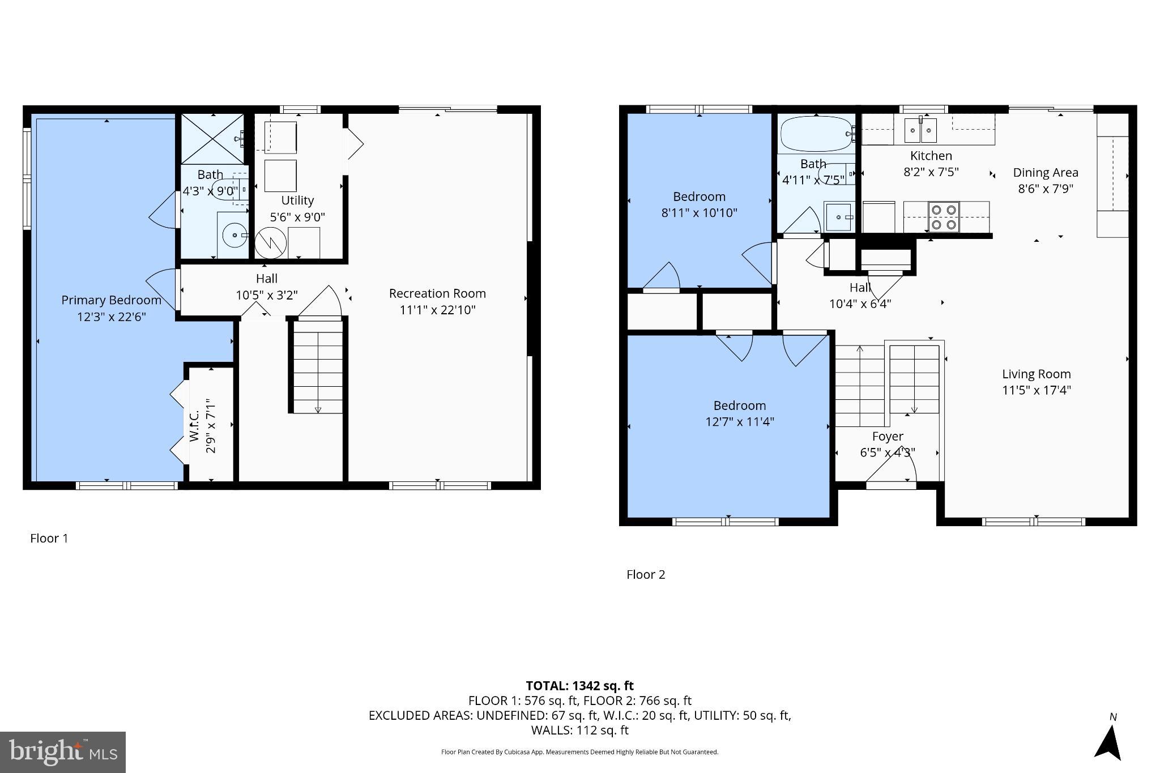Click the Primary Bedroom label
(x=111, y=300)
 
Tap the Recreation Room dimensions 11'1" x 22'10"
(x=437, y=310)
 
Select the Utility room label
(x=297, y=200)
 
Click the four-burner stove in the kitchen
(x=944, y=217)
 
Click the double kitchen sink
(x=920, y=131)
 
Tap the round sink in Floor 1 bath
(x=233, y=235)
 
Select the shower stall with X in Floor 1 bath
(x=212, y=139)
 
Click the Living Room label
(x=1036, y=374)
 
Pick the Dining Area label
(x=1045, y=173)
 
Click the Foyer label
(x=887, y=437)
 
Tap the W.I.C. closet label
(x=194, y=426)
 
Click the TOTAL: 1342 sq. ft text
(x=579, y=686)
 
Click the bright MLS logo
(x=63, y=752)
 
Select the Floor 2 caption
(x=645, y=575)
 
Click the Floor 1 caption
(x=49, y=539)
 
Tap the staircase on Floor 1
(x=318, y=366)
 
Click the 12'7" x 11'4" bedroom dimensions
(x=739, y=421)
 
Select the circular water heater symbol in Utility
(x=270, y=244)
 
